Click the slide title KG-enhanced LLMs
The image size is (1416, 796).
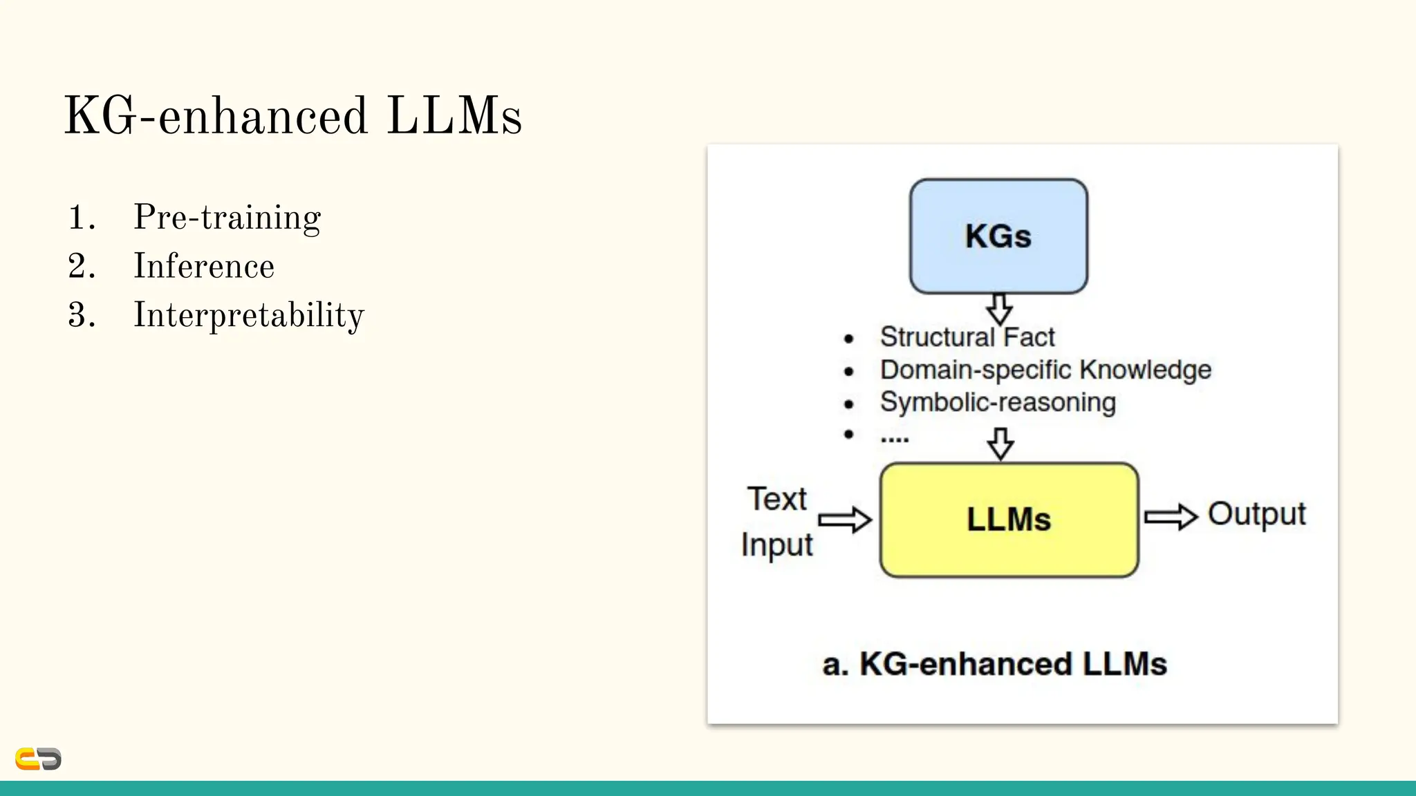click(x=292, y=116)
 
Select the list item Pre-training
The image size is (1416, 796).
click(x=227, y=218)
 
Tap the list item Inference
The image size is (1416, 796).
click(x=204, y=267)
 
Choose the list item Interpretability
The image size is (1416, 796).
click(x=248, y=316)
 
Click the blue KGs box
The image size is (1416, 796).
click(x=998, y=236)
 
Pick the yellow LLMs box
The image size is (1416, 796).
click(x=1009, y=520)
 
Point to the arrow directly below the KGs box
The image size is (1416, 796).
click(x=1000, y=309)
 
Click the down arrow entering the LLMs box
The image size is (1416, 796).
click(x=1000, y=444)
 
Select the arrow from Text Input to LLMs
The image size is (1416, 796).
click(x=845, y=520)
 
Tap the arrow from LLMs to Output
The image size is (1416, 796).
click(x=1171, y=517)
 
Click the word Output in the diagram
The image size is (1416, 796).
click(x=1256, y=514)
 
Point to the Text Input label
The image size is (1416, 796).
click(x=777, y=522)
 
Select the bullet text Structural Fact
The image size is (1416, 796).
click(x=967, y=337)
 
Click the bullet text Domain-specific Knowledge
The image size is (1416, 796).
click(x=1045, y=370)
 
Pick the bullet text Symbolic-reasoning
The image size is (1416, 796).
click(x=998, y=402)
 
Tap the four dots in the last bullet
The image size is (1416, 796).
click(x=895, y=438)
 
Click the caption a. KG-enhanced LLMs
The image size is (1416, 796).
click(x=994, y=664)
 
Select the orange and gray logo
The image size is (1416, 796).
click(x=39, y=759)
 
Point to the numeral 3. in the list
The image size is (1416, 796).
click(x=82, y=316)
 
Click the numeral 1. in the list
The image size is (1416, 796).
click(x=82, y=218)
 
